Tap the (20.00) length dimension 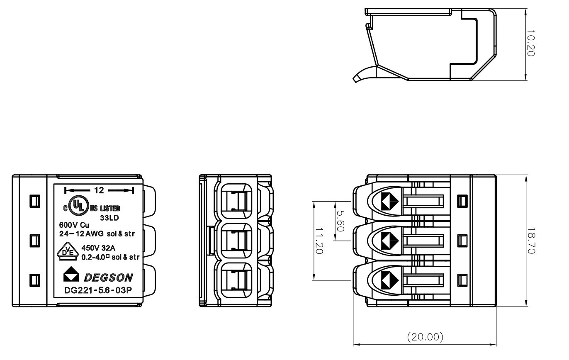[425, 337]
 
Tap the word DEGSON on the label [109, 277]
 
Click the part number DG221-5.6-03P [98, 290]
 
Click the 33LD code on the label [110, 217]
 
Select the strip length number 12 [99, 190]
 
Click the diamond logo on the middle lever [389, 240]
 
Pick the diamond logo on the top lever [389, 201]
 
